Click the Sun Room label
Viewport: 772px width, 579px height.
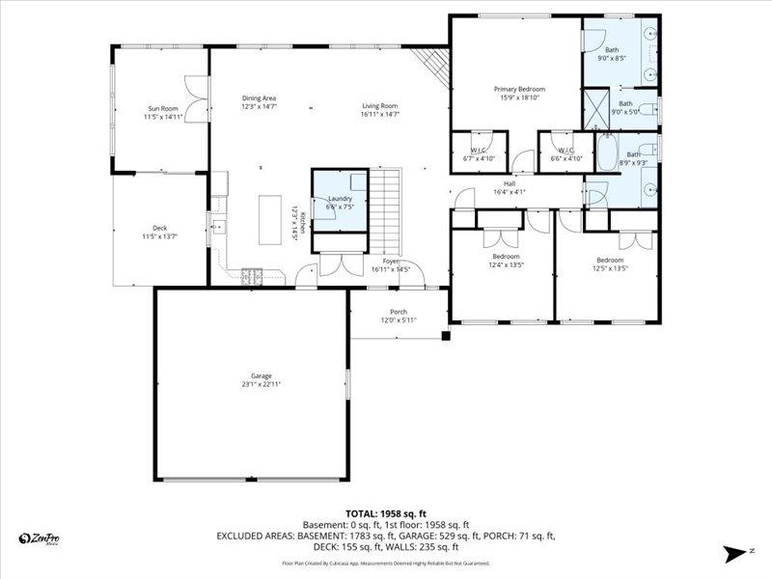[162, 108]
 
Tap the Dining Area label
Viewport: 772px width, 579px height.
[259, 97]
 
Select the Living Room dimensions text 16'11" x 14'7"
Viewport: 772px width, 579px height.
[380, 114]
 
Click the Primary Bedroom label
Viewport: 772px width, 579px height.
[511, 89]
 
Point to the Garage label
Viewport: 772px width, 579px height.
[261, 375]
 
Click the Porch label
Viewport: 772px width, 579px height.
[398, 312]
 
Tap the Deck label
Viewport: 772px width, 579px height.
[159, 228]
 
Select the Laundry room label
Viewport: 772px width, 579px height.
[339, 198]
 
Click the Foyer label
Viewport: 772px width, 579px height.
[391, 261]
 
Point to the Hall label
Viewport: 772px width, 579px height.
[509, 183]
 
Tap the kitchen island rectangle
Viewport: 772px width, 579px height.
[269, 222]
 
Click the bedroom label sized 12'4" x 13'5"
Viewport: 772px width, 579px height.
[505, 256]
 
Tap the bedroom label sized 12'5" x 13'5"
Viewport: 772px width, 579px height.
[610, 260]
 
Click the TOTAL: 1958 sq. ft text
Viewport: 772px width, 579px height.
[385, 513]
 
